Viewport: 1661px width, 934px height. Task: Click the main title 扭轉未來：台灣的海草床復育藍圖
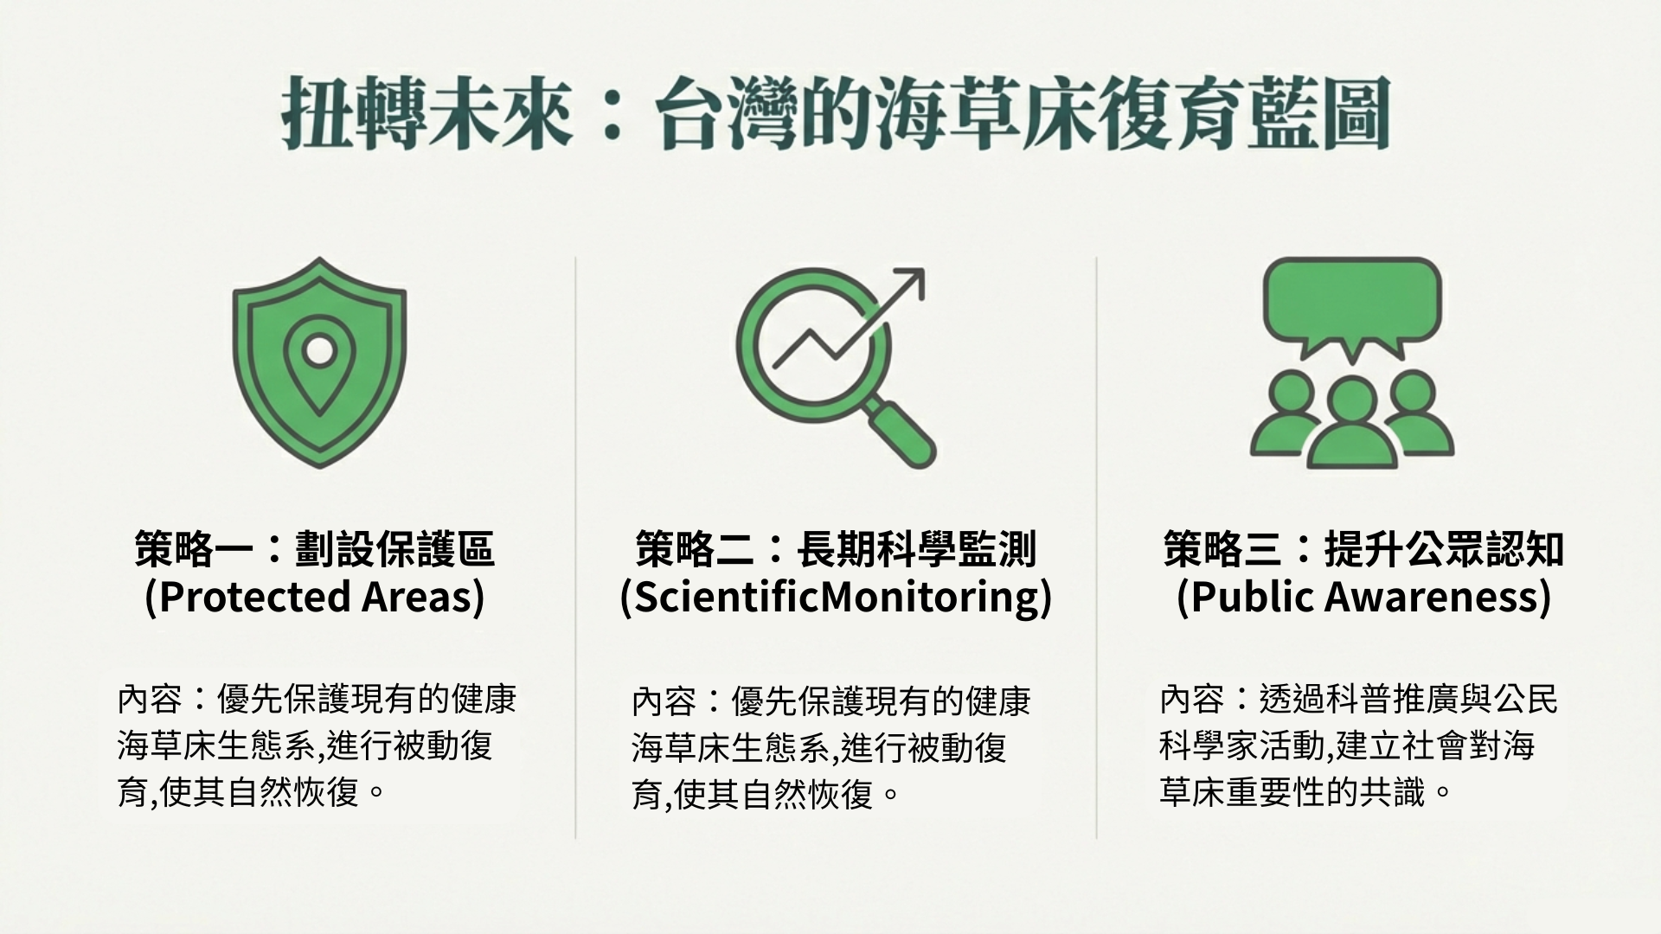835,113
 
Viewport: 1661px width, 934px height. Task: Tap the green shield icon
319,362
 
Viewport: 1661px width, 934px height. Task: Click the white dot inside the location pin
319,350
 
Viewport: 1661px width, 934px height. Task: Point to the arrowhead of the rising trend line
909,285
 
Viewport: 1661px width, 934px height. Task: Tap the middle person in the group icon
1352,424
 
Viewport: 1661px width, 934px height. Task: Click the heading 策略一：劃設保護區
315,549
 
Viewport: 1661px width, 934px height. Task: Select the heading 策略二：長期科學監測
836,549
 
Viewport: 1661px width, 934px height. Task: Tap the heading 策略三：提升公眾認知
1363,549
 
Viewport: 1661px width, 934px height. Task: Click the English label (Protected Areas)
315,597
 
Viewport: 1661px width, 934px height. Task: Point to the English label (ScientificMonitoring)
836,597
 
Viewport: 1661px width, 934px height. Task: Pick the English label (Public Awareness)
1363,597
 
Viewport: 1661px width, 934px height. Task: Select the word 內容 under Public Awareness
1192,700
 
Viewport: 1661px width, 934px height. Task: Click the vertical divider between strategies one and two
575,547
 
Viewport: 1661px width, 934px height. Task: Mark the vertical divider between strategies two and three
1096,547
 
